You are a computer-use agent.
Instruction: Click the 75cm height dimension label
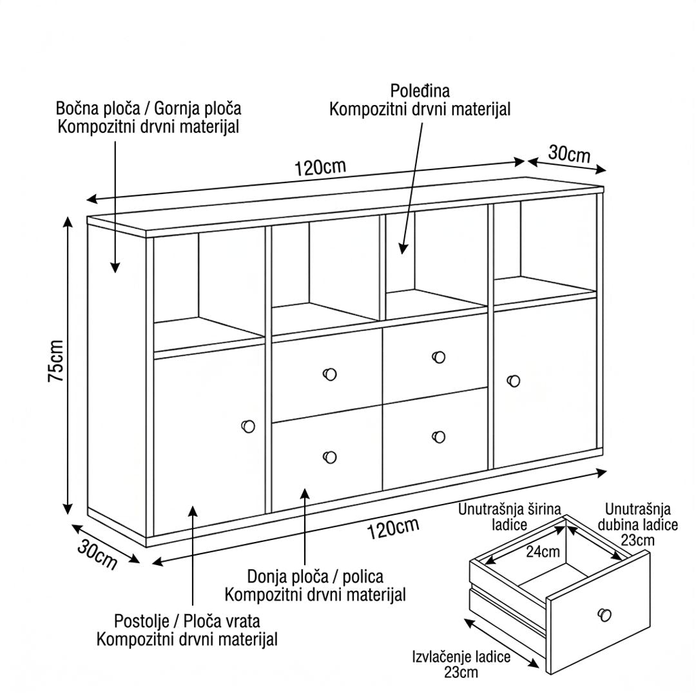(56, 360)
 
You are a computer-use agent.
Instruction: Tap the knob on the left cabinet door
(248, 427)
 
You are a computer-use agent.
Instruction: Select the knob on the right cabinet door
(514, 381)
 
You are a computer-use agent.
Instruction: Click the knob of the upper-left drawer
(329, 374)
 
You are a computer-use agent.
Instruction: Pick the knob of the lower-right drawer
(439, 437)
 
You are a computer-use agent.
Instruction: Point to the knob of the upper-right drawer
(439, 357)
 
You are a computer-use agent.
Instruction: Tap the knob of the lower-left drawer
(330, 457)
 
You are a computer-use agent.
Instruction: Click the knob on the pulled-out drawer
(604, 615)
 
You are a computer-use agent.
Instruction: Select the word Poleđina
(420, 91)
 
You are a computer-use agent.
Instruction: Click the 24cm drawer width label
(543, 552)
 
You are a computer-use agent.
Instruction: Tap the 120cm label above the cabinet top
(320, 168)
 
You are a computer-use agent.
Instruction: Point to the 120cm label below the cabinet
(393, 528)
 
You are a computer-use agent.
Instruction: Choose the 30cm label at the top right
(569, 153)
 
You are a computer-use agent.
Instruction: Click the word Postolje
(142, 621)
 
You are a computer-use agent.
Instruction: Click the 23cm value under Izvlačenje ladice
(461, 672)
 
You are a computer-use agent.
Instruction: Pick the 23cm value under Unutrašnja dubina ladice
(637, 540)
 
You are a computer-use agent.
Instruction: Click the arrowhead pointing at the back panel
(403, 249)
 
